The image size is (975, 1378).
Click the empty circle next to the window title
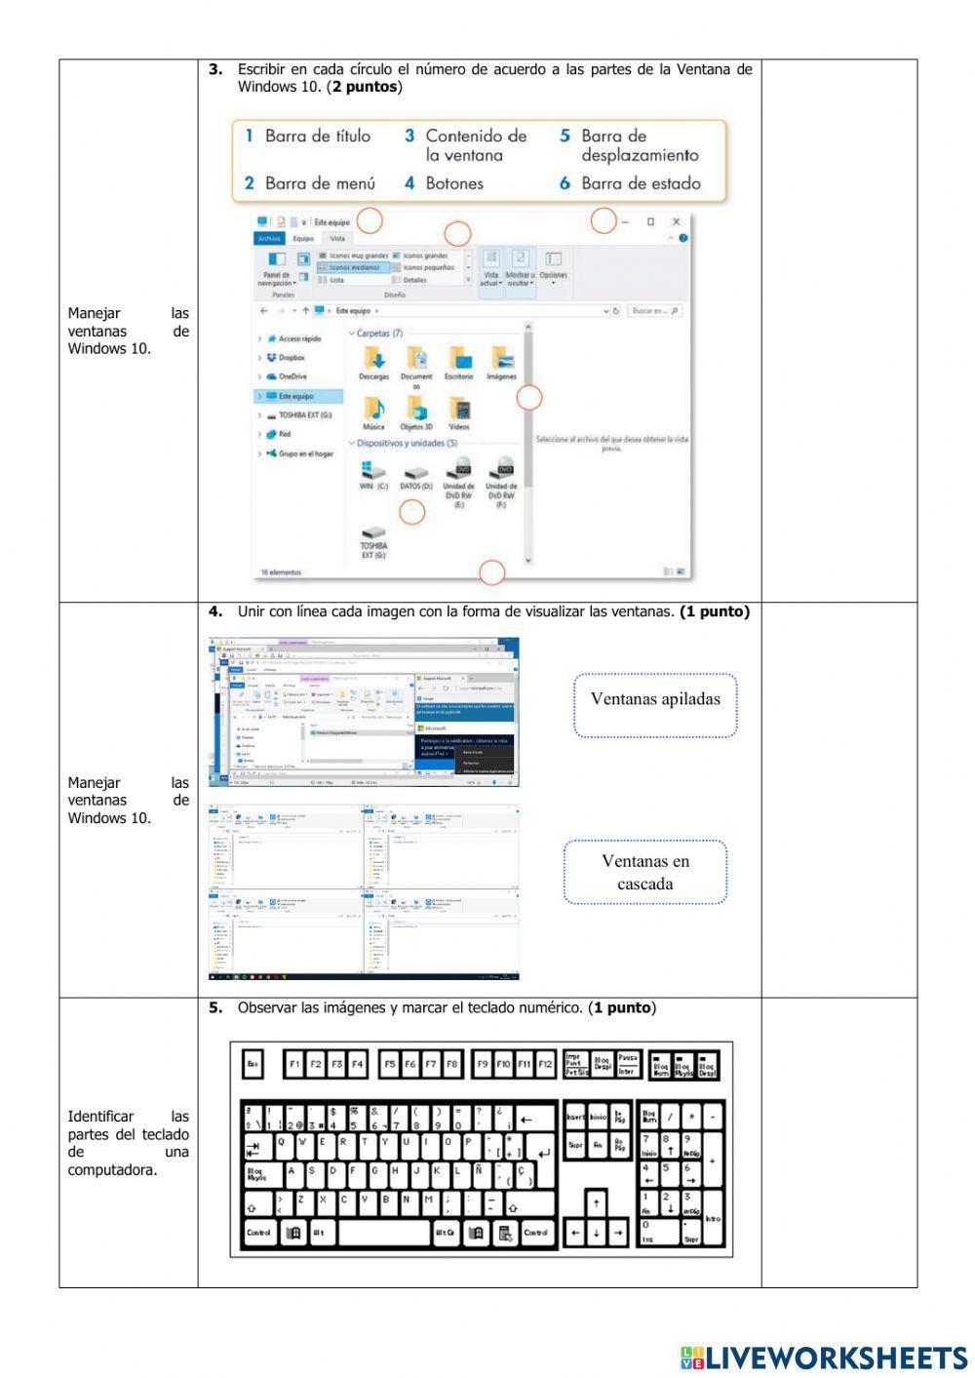(370, 221)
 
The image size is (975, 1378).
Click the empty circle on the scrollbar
(528, 397)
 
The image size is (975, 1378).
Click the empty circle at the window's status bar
(492, 572)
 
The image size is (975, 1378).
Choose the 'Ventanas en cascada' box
(644, 872)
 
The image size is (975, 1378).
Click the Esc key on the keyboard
(253, 1064)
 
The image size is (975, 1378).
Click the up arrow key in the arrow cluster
(596, 1203)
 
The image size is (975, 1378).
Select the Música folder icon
(373, 409)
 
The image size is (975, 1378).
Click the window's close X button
(677, 222)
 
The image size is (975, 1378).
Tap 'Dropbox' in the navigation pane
(290, 358)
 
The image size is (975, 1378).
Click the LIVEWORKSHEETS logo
(824, 1357)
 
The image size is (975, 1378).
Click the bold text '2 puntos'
(365, 87)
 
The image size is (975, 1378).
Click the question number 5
(214, 1007)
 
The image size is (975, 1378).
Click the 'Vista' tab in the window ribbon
(337, 238)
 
